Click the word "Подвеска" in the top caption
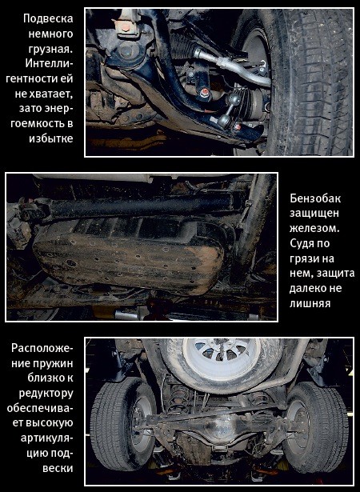point(48,18)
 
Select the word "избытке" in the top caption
point(51,138)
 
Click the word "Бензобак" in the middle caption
point(315,198)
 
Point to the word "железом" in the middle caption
point(313,228)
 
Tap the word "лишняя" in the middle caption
point(310,303)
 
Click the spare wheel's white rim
point(222,358)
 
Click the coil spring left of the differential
point(178,399)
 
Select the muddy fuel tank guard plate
point(129,258)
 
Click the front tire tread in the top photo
point(310,82)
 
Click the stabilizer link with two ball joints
point(230,110)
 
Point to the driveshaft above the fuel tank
point(126,206)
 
